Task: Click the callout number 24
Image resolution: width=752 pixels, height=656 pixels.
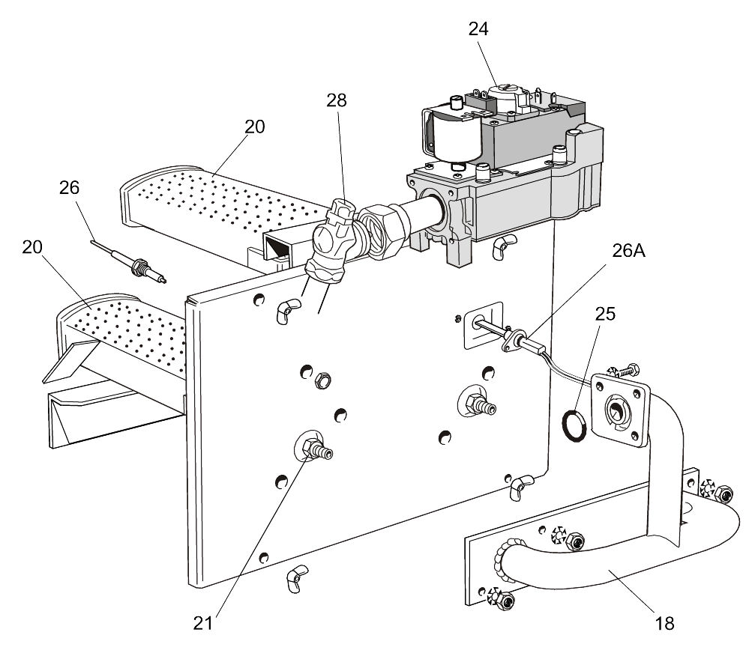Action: (478, 29)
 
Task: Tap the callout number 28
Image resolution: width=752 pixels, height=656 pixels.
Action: (337, 100)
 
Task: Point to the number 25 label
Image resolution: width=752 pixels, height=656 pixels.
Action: (606, 314)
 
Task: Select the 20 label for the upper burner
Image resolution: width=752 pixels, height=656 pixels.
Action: (255, 127)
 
